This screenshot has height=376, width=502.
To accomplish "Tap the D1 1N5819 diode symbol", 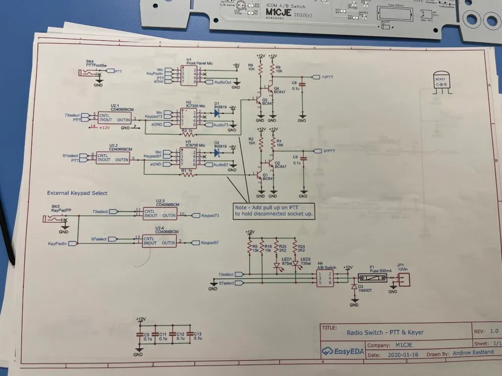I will [216, 113].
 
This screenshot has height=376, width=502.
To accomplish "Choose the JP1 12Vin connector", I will [402, 279].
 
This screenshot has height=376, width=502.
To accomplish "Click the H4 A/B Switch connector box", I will [326, 278].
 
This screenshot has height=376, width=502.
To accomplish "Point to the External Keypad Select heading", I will [77, 193].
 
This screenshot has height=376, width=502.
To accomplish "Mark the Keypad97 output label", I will [210, 243].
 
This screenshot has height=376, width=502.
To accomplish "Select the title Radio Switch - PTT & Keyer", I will [385, 332].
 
